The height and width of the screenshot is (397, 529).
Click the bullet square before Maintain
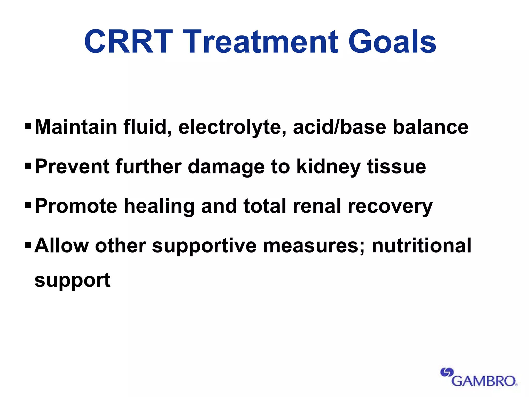point(28,127)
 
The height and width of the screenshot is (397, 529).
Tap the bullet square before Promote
point(28,205)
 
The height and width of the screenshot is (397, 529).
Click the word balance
point(430,127)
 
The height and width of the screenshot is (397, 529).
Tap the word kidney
point(328,167)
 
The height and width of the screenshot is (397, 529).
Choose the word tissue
point(396,166)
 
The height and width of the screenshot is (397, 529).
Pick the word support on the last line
point(73,281)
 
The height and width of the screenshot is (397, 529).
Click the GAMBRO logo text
point(484,381)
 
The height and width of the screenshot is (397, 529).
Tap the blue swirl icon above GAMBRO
point(447,372)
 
